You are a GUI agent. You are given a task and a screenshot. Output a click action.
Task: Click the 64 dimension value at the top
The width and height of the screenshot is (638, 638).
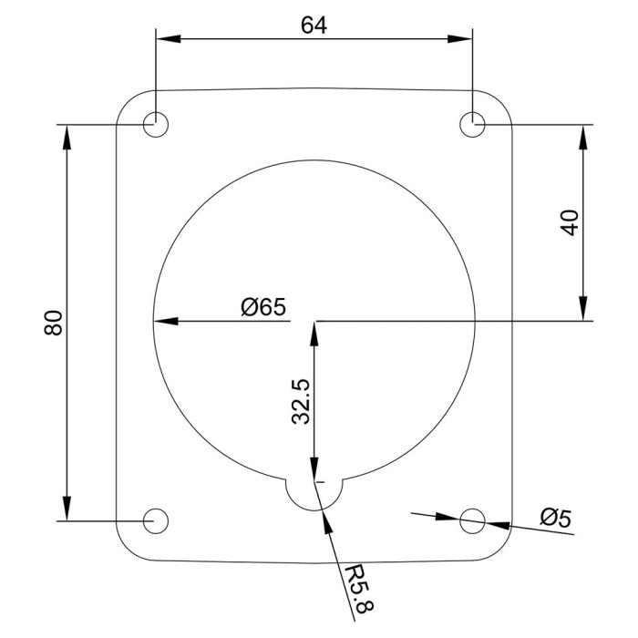[x=314, y=25]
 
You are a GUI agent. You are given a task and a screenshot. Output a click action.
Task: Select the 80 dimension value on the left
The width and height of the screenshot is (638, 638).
[x=52, y=324]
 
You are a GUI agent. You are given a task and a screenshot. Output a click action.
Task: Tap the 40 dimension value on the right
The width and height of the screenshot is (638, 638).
[x=571, y=222]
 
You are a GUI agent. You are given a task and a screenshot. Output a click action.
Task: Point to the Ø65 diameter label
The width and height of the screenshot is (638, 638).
[x=263, y=307]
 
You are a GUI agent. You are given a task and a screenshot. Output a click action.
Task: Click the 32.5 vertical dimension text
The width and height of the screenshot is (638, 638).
[x=302, y=402]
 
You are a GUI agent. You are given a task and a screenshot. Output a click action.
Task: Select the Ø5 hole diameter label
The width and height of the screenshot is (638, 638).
[x=555, y=518]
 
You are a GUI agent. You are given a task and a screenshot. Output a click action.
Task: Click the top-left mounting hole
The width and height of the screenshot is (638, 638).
[x=157, y=124]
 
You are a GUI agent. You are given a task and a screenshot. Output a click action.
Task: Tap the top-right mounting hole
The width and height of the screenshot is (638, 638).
[x=472, y=124]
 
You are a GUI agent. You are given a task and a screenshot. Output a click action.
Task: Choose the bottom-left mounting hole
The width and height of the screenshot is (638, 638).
[x=157, y=520]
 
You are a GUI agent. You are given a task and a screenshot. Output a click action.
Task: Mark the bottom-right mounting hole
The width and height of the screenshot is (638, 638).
[x=472, y=520]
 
